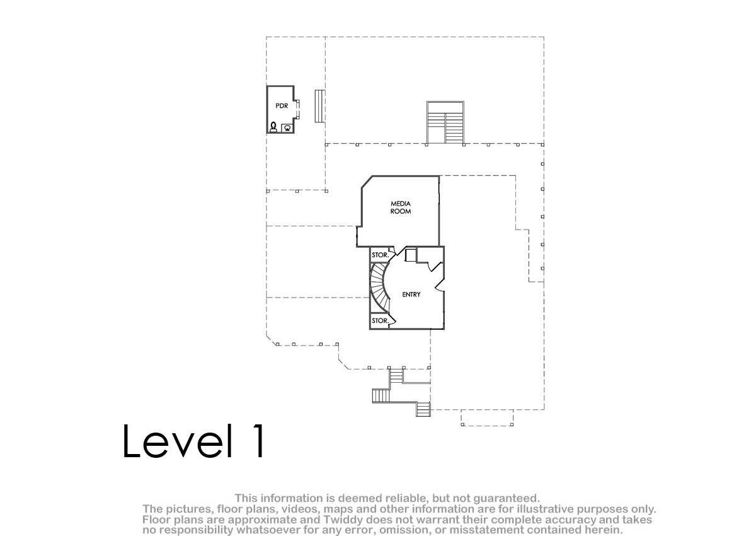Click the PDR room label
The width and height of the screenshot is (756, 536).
(x=282, y=106)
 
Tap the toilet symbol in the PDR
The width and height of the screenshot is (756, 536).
(x=273, y=127)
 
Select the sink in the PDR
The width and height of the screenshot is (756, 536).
(x=287, y=128)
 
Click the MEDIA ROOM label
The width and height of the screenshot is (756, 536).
(x=401, y=207)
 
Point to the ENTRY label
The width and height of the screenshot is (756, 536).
(x=411, y=294)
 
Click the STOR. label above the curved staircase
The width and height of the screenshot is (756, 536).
(x=381, y=255)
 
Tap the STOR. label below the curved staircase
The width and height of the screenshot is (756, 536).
(x=381, y=320)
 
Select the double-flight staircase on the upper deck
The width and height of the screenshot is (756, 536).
(x=445, y=123)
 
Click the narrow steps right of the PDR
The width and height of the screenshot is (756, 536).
(x=320, y=106)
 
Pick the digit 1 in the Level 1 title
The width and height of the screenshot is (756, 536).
(x=260, y=441)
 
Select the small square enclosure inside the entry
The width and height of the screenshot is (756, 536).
(x=410, y=255)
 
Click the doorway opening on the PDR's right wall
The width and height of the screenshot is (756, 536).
(x=297, y=110)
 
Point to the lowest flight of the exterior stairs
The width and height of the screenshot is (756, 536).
(x=423, y=409)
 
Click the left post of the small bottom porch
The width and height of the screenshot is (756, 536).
(x=462, y=424)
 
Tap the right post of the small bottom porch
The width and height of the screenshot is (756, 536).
(x=512, y=424)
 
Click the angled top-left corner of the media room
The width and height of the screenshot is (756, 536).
(x=367, y=182)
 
